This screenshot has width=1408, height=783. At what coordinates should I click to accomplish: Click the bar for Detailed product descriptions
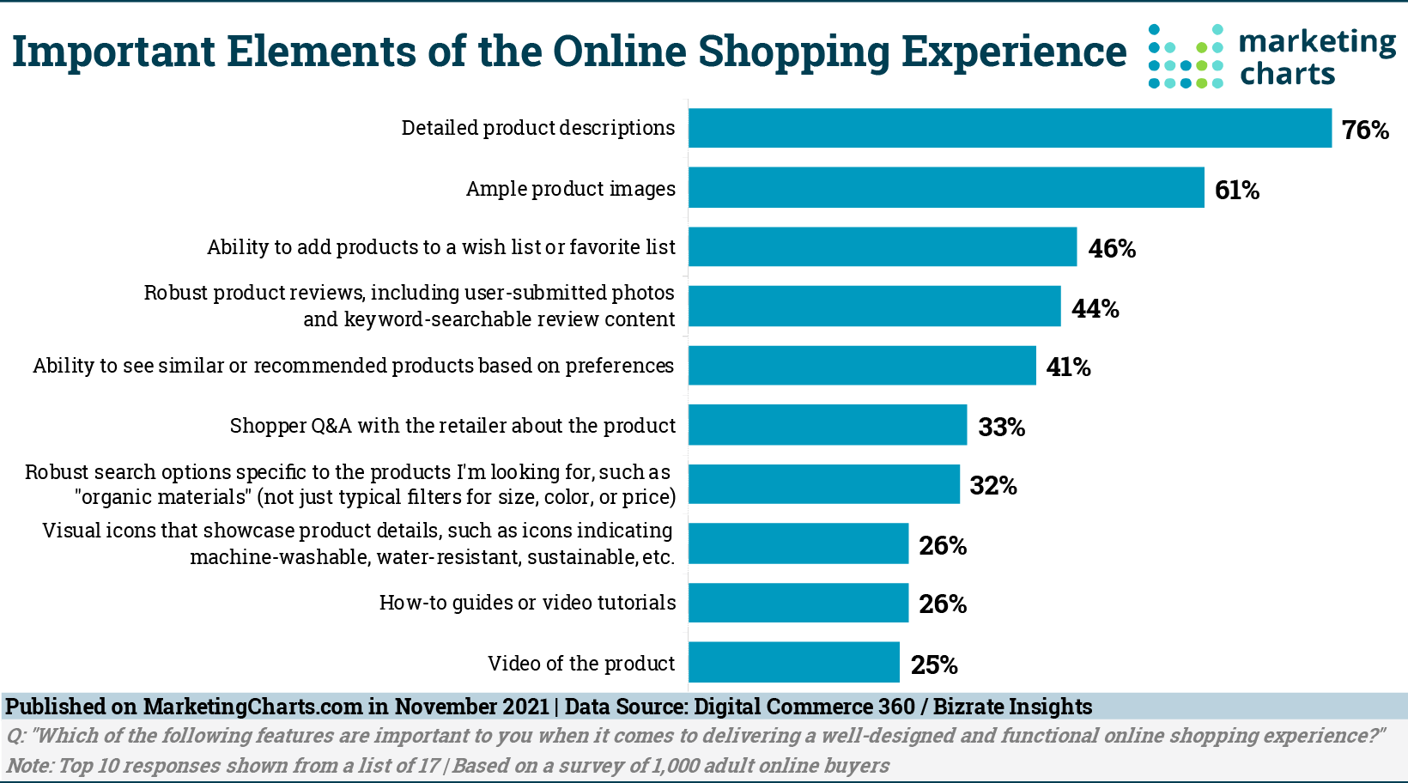pos(1010,128)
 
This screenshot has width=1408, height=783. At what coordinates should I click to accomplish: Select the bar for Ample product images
pos(946,187)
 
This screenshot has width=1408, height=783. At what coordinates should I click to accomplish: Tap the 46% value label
pos(1112,249)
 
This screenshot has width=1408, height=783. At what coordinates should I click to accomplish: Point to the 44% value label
pos(1095,308)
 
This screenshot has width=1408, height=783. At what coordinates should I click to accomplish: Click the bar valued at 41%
pos(862,366)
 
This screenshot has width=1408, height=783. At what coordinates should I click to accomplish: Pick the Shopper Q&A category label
pos(452,426)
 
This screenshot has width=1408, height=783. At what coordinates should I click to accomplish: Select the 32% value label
pos(993,486)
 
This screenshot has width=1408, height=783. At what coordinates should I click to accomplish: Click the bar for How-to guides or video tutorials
pos(798,603)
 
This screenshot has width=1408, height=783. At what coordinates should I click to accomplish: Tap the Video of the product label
pos(581,664)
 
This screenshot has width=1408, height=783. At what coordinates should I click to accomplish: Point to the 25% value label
pos(934,665)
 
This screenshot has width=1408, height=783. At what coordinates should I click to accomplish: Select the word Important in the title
pos(113,52)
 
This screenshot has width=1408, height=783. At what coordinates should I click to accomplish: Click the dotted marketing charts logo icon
pos(1186,57)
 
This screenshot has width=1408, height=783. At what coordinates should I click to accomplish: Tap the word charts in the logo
pos(1287,75)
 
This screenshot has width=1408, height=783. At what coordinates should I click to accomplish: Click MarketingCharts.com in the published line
pos(252,707)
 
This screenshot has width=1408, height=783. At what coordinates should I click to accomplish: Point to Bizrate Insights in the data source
pos(1012,707)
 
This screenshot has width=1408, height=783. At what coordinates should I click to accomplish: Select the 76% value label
pos(1365,130)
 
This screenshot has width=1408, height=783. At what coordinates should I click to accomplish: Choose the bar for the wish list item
pos(883,247)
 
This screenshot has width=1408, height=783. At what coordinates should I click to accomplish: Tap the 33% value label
pos(1001,428)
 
